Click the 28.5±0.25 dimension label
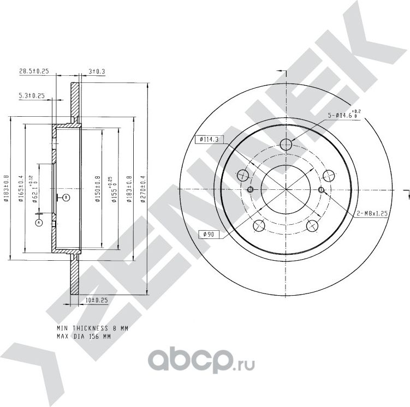pyautogui.click(x=34, y=71)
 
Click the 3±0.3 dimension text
pyautogui.click(x=97, y=71)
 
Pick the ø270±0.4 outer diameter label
pyautogui.click(x=143, y=188)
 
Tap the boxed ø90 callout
pyautogui.click(x=207, y=234)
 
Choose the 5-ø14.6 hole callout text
pyautogui.click(x=341, y=115)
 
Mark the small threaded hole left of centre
pyautogui.click(x=251, y=189)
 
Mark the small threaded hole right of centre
pyautogui.click(x=321, y=189)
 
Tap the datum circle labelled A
pyautogui.click(x=39, y=223)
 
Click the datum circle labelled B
pyautogui.click(x=66, y=196)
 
